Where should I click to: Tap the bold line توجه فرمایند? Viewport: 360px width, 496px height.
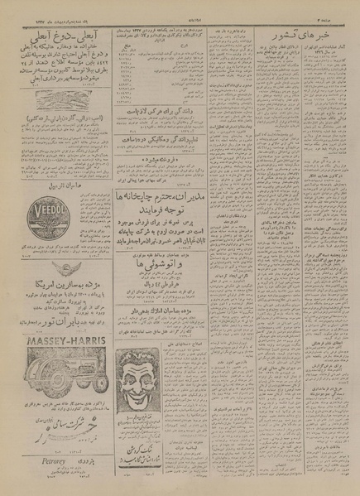(x=158, y=210)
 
